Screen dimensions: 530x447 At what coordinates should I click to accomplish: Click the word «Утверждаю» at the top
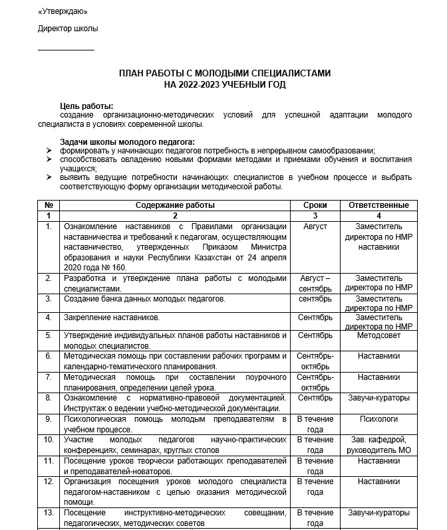tap(63, 11)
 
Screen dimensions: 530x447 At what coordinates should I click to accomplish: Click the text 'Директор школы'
tap(68, 29)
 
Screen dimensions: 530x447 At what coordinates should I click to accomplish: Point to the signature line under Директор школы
tap(66, 50)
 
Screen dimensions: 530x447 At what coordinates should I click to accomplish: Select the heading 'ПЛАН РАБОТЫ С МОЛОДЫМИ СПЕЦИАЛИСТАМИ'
tap(224, 73)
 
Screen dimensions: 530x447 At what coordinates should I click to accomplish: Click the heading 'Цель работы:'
tap(86, 106)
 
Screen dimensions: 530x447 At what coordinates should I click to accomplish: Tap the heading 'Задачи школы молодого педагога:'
tap(127, 141)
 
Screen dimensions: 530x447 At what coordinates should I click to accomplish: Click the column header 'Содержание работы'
tap(175, 205)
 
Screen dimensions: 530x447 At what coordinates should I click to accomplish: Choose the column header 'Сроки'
tap(315, 205)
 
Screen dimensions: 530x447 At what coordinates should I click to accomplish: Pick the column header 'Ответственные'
tap(378, 205)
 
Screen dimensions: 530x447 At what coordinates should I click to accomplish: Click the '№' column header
tap(49, 205)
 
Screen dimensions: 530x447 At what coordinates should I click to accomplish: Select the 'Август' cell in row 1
tap(315, 226)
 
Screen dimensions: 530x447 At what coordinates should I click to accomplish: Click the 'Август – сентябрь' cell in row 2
tap(315, 284)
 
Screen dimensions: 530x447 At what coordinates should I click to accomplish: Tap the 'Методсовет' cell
tap(378, 335)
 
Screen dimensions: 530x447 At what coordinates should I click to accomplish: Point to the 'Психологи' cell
tap(378, 419)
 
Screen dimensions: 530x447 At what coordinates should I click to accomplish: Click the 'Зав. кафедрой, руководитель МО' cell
tap(378, 445)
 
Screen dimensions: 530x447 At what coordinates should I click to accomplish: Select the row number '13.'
tap(49, 513)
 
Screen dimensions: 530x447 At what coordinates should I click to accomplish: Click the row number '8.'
tap(49, 398)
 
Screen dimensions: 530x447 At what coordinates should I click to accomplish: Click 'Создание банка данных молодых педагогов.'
tap(144, 299)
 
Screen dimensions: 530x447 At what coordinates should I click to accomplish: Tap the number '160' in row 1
tap(117, 267)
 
